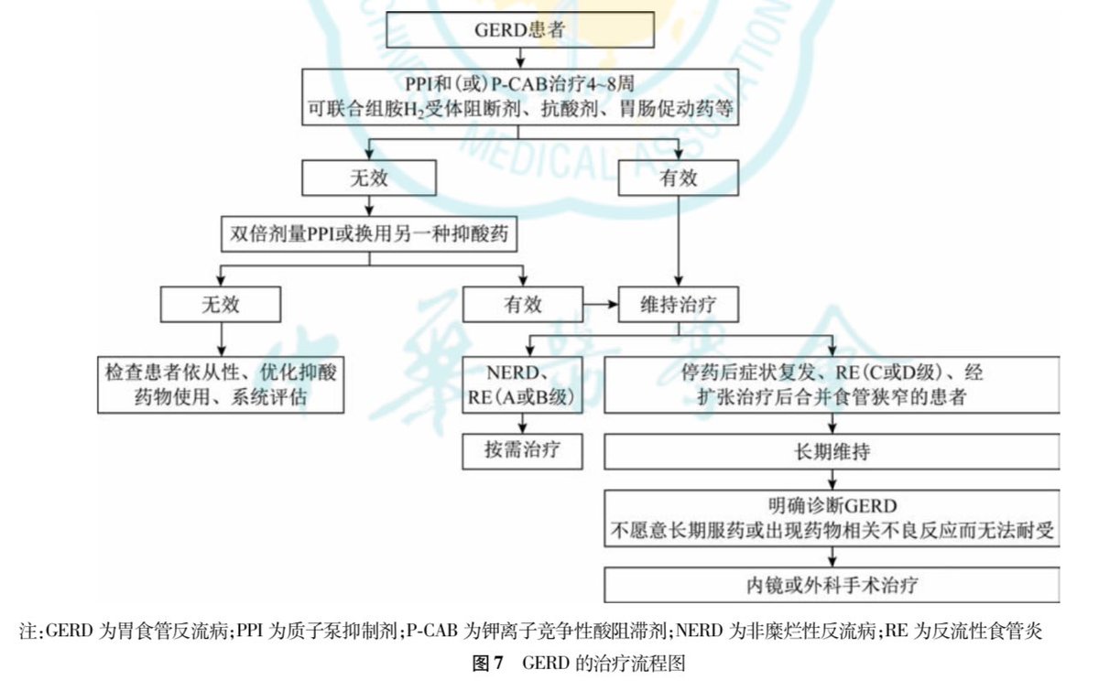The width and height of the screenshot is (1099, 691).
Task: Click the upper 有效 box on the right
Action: coord(678,178)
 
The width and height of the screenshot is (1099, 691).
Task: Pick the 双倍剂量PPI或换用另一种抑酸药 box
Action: coord(369,234)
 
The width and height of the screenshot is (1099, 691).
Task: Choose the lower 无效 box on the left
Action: coord(220,304)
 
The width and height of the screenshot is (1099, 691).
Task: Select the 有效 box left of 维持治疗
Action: coord(522,304)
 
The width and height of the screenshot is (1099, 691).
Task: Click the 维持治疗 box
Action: coord(678,304)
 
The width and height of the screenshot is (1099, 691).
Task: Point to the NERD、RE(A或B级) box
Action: coord(522,386)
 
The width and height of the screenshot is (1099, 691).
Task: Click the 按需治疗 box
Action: coord(522,450)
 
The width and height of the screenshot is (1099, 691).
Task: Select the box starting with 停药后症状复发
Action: coord(832,386)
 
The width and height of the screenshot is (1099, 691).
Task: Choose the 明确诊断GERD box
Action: coord(832,518)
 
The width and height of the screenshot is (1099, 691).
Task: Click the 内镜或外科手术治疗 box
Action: coord(832,584)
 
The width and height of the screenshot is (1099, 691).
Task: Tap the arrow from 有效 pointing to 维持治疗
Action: coord(600,304)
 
